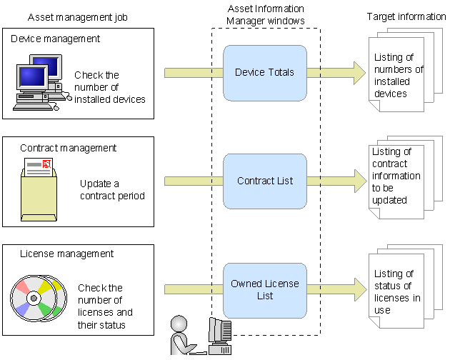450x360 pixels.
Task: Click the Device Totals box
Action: click(264, 72)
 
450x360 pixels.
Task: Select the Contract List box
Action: click(265, 181)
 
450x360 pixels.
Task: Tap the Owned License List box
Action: click(265, 290)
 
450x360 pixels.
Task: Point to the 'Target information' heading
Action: click(406, 16)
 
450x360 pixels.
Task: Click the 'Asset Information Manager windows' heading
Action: click(266, 15)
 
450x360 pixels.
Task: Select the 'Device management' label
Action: click(56, 39)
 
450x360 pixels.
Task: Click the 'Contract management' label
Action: click(68, 148)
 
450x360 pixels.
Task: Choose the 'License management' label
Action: click(66, 254)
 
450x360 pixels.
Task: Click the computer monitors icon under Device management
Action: click(37, 83)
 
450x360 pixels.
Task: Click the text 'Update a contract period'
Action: click(112, 189)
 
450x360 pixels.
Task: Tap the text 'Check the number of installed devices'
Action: click(109, 87)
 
